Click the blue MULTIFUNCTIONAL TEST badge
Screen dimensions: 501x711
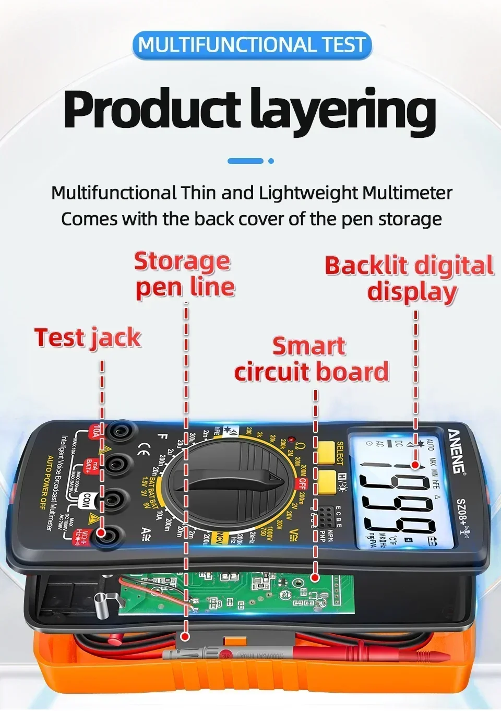[x=252, y=45]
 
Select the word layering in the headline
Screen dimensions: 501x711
[x=342, y=111]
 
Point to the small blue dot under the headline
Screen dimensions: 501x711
[x=271, y=161]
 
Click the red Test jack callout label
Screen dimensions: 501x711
[x=88, y=338]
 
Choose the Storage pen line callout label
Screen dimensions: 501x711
[x=185, y=274]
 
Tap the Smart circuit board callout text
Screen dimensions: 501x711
[x=312, y=359]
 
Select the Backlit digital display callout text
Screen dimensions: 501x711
[x=410, y=278]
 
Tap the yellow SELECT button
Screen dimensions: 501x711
[x=326, y=453]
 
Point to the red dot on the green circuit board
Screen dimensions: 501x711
[x=315, y=577]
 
